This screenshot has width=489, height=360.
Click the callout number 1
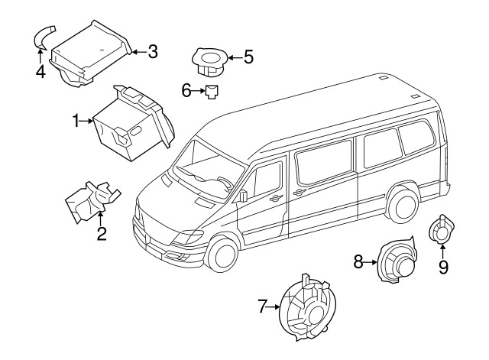click(76, 121)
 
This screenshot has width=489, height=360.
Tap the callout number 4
click(40, 72)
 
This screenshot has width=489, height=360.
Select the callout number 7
click(262, 306)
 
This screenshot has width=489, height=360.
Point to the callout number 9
click(443, 268)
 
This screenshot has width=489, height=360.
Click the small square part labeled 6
click(212, 92)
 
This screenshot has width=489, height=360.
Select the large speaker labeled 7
click(307, 308)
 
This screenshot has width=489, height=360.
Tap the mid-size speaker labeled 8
click(397, 261)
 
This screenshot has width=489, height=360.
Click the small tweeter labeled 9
click(442, 229)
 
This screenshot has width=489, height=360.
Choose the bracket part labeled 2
click(92, 201)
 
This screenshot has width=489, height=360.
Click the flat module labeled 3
click(90, 53)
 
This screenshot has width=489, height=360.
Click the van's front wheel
click(222, 253)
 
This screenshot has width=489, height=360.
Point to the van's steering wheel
click(225, 183)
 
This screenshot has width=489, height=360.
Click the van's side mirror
click(244, 196)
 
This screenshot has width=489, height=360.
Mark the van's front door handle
click(276, 198)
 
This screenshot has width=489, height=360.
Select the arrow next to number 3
click(140, 52)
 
